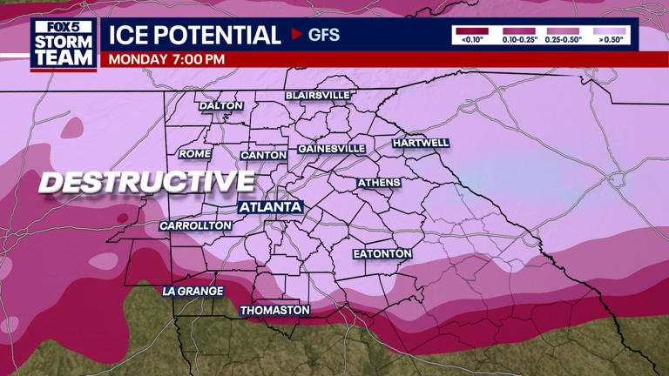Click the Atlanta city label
270,207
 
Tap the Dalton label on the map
221,106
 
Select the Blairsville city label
318,95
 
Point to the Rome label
195,154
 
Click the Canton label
263,155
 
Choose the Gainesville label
332,149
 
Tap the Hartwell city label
421,143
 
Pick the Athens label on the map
380,183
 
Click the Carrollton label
196,225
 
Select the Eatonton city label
382,253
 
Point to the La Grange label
193,291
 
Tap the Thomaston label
275,310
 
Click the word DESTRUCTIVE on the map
146,182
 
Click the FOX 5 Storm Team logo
64,44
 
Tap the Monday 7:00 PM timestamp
166,59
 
